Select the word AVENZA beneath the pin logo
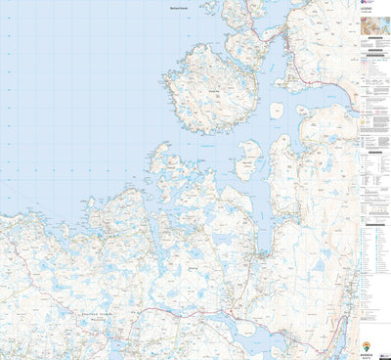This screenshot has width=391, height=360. coord(366,354)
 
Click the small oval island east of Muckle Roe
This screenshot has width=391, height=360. coord(276,110)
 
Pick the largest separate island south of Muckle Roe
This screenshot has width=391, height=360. coord(251,157)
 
